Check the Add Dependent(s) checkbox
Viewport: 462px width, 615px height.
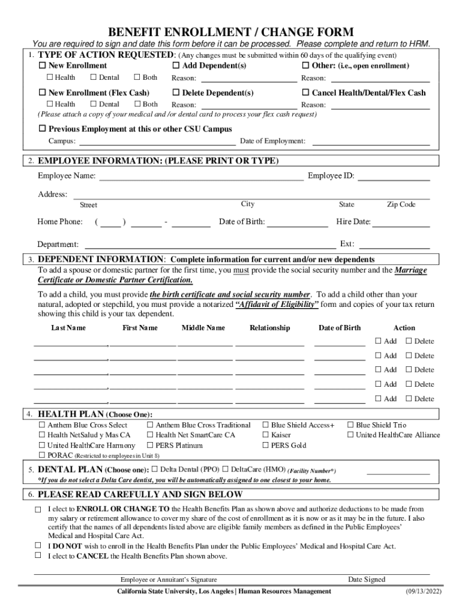click(176, 65)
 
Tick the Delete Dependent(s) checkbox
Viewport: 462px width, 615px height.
click(176, 93)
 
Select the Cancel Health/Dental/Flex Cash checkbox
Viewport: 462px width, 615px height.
click(306, 93)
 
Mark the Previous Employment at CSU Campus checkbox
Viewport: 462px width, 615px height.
click(42, 129)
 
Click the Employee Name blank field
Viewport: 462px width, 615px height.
click(201, 177)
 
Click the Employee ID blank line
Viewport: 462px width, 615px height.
click(394, 177)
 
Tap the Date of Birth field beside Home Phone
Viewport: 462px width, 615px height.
click(298, 222)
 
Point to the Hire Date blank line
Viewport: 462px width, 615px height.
click(401, 222)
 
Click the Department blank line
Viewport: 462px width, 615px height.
click(210, 244)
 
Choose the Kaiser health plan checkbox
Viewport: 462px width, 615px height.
click(266, 435)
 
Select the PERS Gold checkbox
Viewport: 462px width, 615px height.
click(266, 446)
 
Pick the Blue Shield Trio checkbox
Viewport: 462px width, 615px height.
click(350, 425)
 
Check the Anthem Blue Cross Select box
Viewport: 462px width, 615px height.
click(42, 425)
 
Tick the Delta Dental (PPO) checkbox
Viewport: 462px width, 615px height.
click(154, 469)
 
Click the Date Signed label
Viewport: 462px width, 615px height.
click(367, 580)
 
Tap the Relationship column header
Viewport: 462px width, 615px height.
click(269, 328)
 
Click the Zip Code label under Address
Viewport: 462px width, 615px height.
click(401, 205)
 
